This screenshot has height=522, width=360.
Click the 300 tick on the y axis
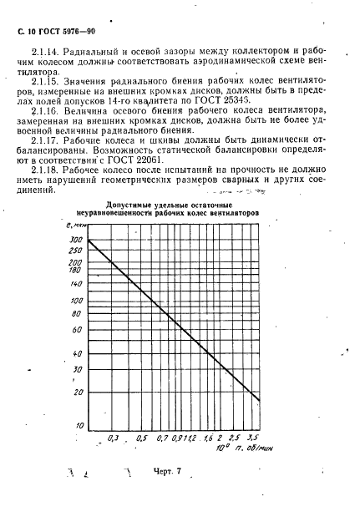tap(76, 240)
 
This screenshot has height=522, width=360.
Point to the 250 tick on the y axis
tap(76, 251)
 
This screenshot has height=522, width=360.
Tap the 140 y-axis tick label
tap(76, 284)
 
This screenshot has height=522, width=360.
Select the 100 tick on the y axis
tap(76, 301)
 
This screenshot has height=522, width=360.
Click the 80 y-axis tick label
tap(77, 314)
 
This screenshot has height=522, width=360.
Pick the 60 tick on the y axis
tap(77, 330)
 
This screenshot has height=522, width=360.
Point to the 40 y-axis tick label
tap(77, 352)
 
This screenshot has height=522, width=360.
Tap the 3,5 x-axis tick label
tap(253, 437)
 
